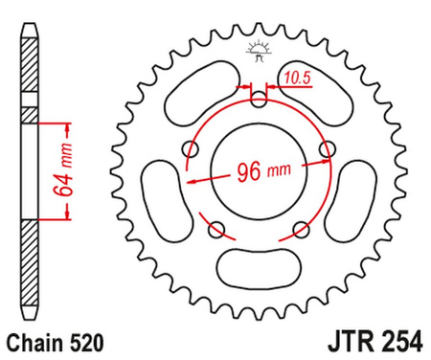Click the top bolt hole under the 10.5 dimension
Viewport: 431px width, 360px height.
pyautogui.click(x=258, y=99)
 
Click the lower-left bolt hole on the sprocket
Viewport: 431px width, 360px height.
pyautogui.click(x=216, y=228)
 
